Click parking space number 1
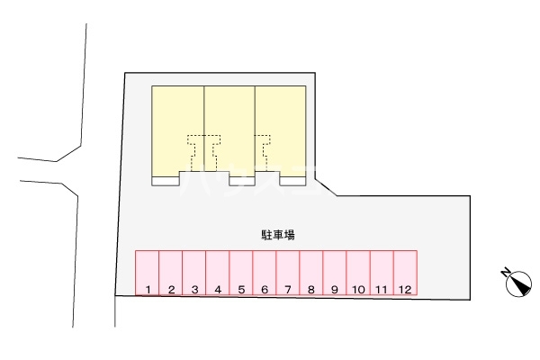[x=147, y=273]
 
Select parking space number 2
[x=170, y=273]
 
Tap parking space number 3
[x=193, y=273]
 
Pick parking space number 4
[x=217, y=273]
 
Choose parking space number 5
[x=240, y=273]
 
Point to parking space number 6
[x=264, y=273]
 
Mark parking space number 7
[x=287, y=273]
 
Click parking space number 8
[x=310, y=273]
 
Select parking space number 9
[x=334, y=273]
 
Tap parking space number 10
[x=357, y=273]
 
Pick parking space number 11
[x=382, y=273]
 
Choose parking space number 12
[x=405, y=273]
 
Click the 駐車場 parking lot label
[x=279, y=234]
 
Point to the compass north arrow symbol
[x=515, y=282]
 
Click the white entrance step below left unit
[x=165, y=181]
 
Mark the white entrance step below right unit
[x=292, y=181]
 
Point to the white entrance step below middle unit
[x=241, y=181]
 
